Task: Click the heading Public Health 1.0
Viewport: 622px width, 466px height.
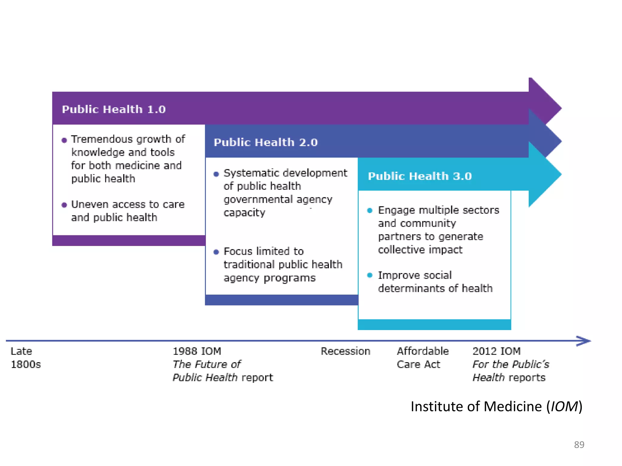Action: [x=114, y=109]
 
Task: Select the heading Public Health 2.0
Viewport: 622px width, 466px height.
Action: [x=265, y=142]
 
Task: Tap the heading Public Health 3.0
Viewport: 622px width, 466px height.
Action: [x=420, y=176]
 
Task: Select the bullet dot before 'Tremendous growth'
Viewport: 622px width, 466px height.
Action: [x=64, y=140]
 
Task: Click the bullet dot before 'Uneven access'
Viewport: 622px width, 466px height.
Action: [x=64, y=205]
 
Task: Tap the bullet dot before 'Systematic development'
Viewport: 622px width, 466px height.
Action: [x=216, y=174]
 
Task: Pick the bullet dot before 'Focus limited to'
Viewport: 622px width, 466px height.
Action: [x=216, y=252]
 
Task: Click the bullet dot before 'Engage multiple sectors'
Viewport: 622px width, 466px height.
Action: [x=370, y=211]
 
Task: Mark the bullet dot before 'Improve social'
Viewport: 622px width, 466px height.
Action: [x=370, y=275]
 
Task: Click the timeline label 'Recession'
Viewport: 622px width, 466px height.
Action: [x=345, y=351]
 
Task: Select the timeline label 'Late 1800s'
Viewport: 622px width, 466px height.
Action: [x=26, y=357]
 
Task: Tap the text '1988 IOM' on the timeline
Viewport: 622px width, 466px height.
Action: [x=197, y=351]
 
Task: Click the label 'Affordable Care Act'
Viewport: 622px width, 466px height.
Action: [x=422, y=357]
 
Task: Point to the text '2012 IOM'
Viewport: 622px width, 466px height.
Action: [x=496, y=351]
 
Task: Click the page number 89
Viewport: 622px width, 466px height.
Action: [x=579, y=444]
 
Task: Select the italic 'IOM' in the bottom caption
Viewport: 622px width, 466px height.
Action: [x=564, y=407]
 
